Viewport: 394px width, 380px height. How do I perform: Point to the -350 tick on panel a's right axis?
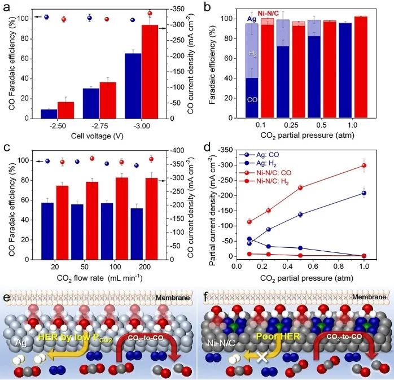182,10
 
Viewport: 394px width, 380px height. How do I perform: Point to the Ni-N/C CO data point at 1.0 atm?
364,165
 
